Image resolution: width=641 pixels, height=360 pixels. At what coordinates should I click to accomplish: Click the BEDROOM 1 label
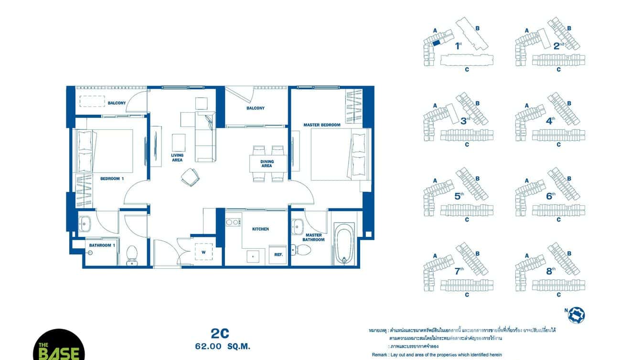(112, 179)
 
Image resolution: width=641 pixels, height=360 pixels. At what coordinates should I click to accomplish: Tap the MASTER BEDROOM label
(321, 125)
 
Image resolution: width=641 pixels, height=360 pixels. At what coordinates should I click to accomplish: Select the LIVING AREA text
(177, 158)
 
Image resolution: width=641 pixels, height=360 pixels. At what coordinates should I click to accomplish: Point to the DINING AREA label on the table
(267, 163)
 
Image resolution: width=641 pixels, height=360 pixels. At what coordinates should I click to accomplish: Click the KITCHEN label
(260, 229)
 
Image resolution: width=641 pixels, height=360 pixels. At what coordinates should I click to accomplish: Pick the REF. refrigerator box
(278, 254)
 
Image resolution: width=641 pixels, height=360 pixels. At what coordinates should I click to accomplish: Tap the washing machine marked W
(204, 252)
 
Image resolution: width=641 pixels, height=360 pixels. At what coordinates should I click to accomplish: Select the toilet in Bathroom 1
(132, 255)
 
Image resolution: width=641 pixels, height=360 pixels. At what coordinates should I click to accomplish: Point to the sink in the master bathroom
(298, 224)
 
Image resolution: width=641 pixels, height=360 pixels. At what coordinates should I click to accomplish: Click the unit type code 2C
(220, 333)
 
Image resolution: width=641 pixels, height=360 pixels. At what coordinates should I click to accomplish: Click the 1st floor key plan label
(458, 46)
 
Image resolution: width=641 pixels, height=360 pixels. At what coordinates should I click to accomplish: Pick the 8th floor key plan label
(550, 271)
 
